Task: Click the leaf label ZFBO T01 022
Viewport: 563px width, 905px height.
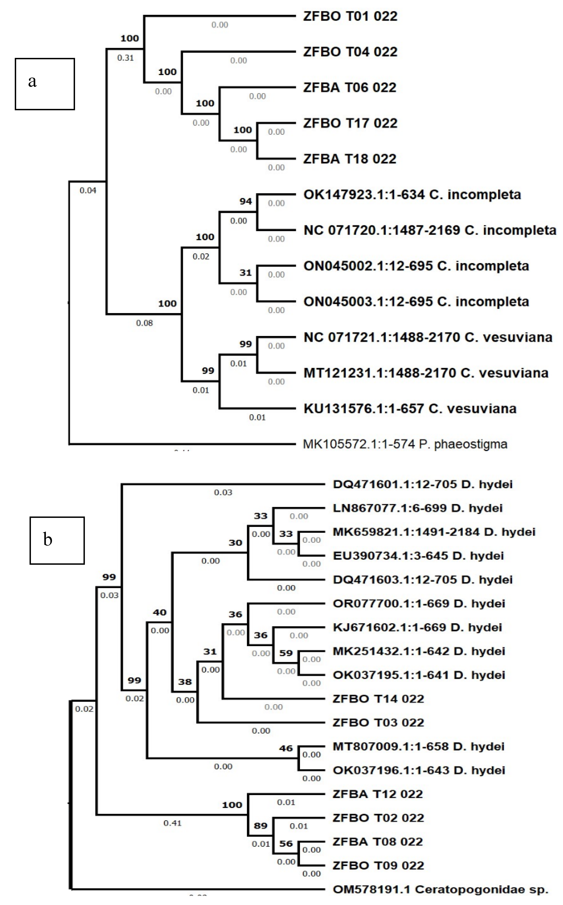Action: pyautogui.click(x=350, y=16)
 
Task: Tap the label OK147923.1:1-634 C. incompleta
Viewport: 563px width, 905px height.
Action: pyautogui.click(x=412, y=195)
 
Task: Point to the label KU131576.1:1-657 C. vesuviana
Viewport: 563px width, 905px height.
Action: pyautogui.click(x=410, y=409)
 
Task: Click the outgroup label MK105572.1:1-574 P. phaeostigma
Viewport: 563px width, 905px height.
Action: pyautogui.click(x=405, y=444)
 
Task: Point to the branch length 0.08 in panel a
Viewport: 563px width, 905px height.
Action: pyautogui.click(x=145, y=323)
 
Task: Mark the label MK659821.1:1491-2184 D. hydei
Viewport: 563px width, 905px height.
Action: pyautogui.click(x=434, y=532)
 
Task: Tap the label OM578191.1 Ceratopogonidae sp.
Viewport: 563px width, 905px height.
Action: pyautogui.click(x=441, y=889)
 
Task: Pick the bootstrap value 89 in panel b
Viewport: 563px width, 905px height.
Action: pyautogui.click(x=261, y=826)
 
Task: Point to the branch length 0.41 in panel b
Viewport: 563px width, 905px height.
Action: pyautogui.click(x=172, y=823)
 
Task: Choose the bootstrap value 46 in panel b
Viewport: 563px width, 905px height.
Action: pyautogui.click(x=286, y=748)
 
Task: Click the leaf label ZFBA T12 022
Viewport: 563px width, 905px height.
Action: pyautogui.click(x=377, y=794)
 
